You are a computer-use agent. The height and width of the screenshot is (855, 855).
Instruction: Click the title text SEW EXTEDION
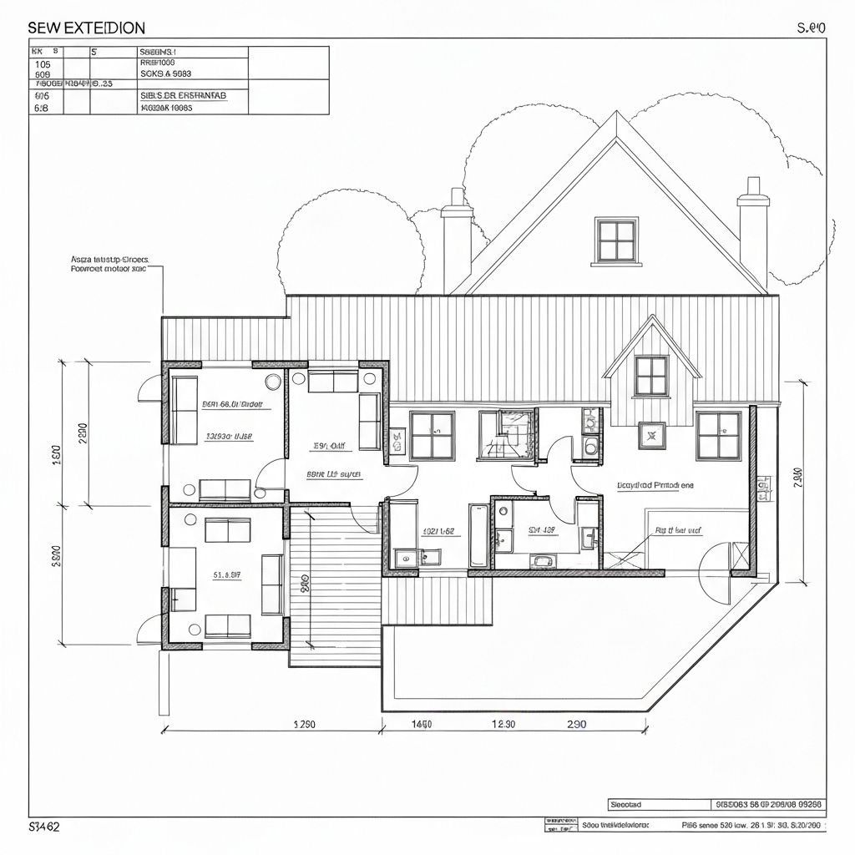click(86, 28)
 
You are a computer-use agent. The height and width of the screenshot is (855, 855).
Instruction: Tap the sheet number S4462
click(44, 827)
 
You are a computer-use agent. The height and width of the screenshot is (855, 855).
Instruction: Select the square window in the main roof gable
click(618, 240)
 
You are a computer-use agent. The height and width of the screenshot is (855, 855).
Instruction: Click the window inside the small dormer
click(651, 375)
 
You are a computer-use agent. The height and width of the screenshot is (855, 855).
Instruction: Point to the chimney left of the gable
click(457, 242)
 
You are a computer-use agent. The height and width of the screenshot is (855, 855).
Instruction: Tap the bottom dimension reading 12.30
click(503, 724)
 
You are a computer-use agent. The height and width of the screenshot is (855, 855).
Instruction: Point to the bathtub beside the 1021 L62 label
click(478, 534)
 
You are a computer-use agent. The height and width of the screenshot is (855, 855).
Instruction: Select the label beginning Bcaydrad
click(655, 484)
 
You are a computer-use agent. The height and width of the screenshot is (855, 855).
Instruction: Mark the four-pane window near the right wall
click(718, 435)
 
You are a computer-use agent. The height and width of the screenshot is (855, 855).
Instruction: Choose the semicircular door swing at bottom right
click(716, 576)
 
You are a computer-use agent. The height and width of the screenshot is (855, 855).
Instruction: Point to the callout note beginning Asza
click(109, 265)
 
